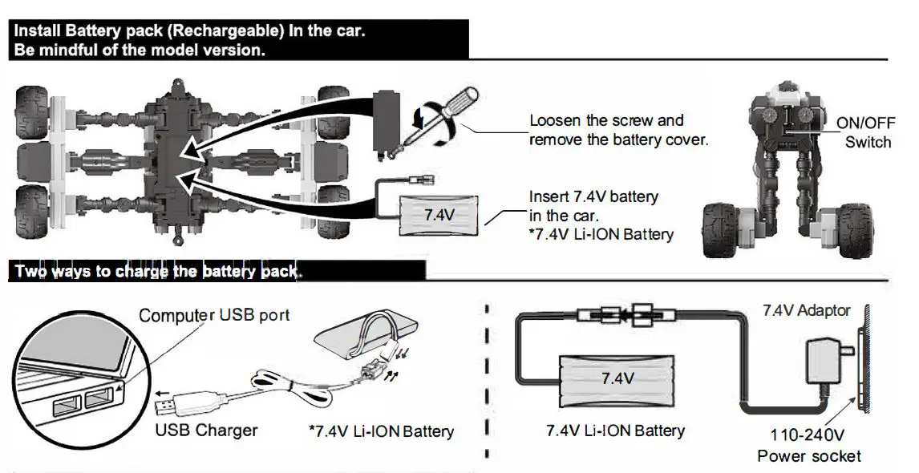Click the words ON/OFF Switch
864,133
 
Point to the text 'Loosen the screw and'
606,121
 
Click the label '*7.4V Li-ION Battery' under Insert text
601,235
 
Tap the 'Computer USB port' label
214,315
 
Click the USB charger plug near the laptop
185,399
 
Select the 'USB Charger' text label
206,431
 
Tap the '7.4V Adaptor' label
806,310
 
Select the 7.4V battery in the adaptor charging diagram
616,378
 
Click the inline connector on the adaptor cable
625,315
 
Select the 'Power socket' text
809,456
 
